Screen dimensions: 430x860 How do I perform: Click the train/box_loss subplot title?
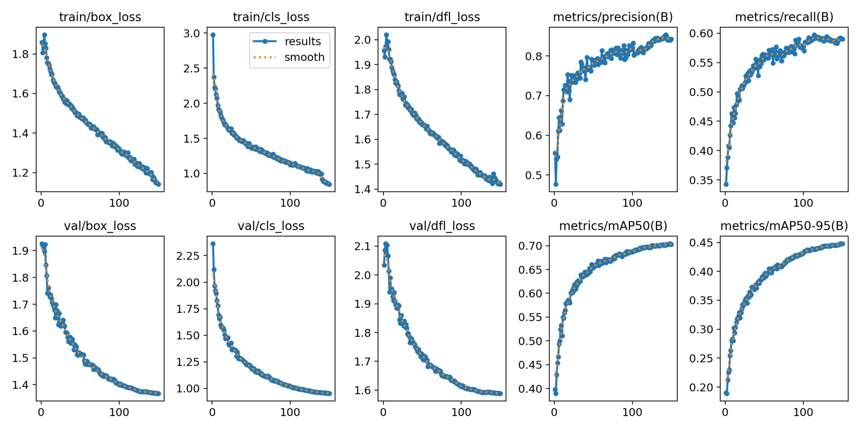[100, 17]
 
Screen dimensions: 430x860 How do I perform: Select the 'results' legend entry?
[302, 41]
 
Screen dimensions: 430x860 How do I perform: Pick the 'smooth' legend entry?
[304, 57]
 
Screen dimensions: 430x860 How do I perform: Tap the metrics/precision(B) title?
[613, 17]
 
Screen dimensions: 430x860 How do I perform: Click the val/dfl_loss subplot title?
[442, 226]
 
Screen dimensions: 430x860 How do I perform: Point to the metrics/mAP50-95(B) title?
[784, 226]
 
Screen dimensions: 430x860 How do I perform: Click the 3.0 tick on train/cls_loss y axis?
[195, 33]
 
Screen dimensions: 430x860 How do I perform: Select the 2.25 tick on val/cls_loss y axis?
[188, 256]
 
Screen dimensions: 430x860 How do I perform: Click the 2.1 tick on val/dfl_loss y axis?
[362, 246]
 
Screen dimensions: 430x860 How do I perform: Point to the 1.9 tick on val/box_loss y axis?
[20, 251]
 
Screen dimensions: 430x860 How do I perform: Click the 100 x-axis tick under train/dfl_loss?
[461, 203]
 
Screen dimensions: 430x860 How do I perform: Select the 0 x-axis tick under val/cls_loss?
[212, 412]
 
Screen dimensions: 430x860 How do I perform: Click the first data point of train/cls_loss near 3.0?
[213, 35]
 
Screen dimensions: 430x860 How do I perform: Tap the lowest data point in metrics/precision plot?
[556, 184]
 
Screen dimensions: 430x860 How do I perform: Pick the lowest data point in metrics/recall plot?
[726, 184]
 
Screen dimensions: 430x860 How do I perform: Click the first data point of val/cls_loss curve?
[213, 244]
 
